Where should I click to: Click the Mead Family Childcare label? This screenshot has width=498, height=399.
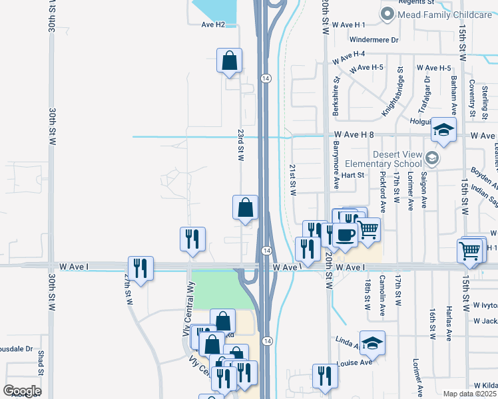click(x=445, y=15)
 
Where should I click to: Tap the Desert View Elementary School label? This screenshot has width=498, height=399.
click(x=397, y=159)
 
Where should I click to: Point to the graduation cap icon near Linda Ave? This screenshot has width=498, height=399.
click(x=373, y=343)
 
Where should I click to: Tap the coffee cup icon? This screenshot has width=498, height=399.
click(x=346, y=235)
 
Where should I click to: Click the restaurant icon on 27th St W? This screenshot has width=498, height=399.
click(x=140, y=269)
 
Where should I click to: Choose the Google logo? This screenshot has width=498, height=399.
click(x=22, y=391)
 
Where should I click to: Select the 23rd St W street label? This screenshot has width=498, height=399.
click(x=242, y=144)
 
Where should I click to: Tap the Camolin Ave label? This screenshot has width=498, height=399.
click(x=382, y=294)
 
